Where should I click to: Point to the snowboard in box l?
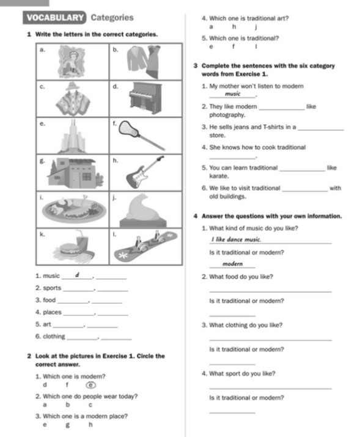[x=147, y=244]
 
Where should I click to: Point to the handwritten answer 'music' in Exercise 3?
[x=232, y=95]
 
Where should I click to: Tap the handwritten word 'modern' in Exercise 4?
[x=233, y=263]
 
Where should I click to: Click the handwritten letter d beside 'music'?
[x=77, y=274]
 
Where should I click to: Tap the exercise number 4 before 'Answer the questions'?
[x=194, y=216]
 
